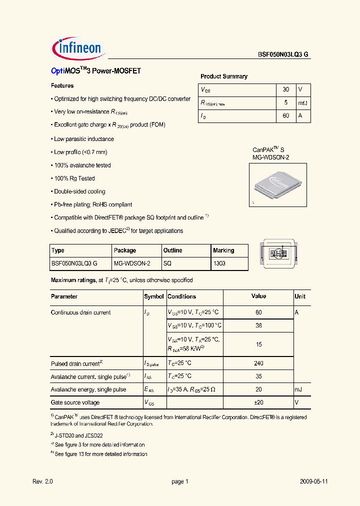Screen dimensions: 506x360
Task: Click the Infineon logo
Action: [77, 47]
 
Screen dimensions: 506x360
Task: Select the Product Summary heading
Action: [224, 76]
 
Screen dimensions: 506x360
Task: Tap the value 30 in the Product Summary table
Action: [285, 89]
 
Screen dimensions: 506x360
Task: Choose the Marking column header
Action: [223, 250]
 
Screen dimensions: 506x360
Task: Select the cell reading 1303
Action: [219, 263]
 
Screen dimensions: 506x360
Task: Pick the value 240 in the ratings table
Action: [258, 363]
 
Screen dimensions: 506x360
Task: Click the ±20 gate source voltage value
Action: [258, 402]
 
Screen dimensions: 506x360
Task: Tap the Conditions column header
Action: [181, 296]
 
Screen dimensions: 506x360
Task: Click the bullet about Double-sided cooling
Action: [79, 191]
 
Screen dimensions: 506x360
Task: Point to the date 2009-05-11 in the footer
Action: [314, 481]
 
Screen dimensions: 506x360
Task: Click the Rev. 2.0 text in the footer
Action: [42, 481]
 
